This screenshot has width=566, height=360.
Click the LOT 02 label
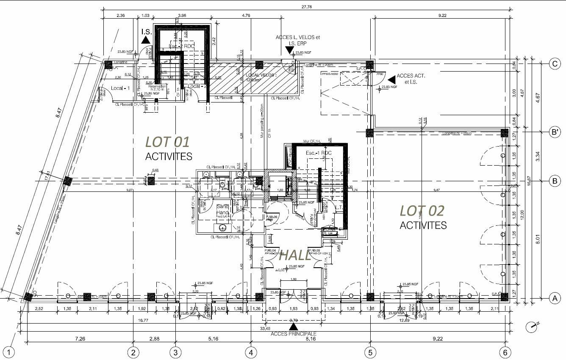click(422, 210)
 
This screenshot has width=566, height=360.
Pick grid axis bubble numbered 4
click(251, 352)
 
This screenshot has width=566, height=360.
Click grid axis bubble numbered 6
click(505, 352)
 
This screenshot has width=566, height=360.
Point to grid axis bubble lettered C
click(555, 64)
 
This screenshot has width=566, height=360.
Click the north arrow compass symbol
click(532, 327)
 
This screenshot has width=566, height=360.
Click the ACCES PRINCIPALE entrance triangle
click(293, 327)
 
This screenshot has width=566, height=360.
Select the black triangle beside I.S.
click(146, 40)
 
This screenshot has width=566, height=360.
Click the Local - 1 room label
click(120, 88)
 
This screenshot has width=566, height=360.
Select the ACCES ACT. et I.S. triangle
click(391, 79)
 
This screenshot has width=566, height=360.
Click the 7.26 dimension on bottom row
click(80, 338)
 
